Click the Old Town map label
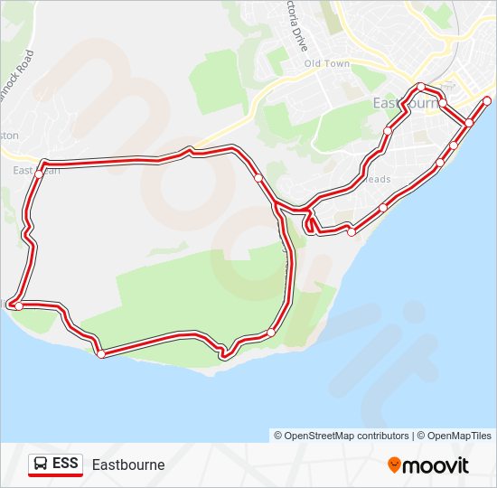326,63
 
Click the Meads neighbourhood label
379,179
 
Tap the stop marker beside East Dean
40,172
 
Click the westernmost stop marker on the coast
18,306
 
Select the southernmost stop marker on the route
101,354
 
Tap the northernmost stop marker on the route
421,87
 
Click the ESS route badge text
65,464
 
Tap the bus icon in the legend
41,465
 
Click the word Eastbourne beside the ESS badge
128,465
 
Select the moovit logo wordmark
436,465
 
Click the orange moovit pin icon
395,465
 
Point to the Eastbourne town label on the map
405,104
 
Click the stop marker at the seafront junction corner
469,123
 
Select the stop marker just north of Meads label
388,131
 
